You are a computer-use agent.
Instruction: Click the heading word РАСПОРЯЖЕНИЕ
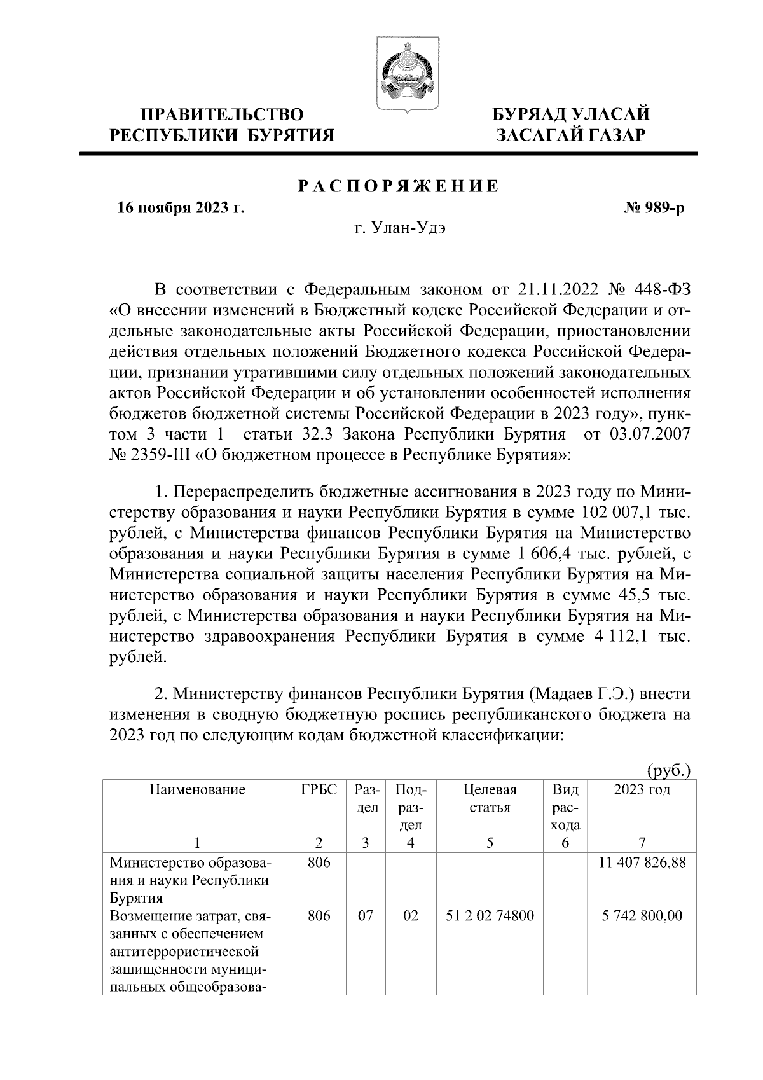(399, 186)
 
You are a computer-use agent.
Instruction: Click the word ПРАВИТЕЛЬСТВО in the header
(222, 114)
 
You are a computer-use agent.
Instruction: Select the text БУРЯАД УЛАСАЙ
(572, 114)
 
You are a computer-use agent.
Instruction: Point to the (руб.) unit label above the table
(668, 771)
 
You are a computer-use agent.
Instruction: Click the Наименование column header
(198, 790)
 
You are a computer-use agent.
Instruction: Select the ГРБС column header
(319, 790)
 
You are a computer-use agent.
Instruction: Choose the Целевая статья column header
(490, 799)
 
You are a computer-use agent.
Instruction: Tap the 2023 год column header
(642, 790)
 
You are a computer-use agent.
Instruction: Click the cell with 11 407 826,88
(642, 864)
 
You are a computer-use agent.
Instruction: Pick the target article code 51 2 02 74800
(490, 917)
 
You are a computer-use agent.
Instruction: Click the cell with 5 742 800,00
(642, 917)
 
